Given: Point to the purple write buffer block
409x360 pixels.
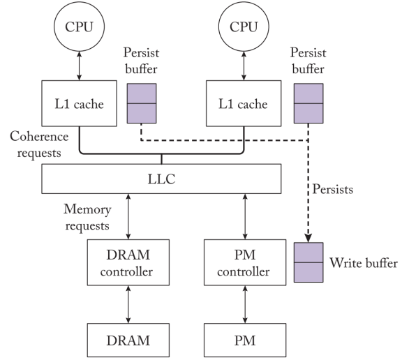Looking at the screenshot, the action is click(308, 262).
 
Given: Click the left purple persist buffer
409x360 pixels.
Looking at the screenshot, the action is click(142, 103).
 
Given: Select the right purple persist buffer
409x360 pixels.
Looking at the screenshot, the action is click(308, 103).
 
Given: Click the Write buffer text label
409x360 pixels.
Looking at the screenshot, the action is click(364, 263).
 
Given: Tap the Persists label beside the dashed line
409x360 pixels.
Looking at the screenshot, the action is click(332, 189).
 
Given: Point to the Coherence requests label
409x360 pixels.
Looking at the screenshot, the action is click(39, 144).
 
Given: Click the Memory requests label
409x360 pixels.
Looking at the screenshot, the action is click(87, 217).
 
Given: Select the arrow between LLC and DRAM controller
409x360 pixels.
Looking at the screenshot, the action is click(128, 216).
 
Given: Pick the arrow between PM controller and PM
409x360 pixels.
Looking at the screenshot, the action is click(245, 304).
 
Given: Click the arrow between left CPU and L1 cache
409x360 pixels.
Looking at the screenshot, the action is click(80, 66).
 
